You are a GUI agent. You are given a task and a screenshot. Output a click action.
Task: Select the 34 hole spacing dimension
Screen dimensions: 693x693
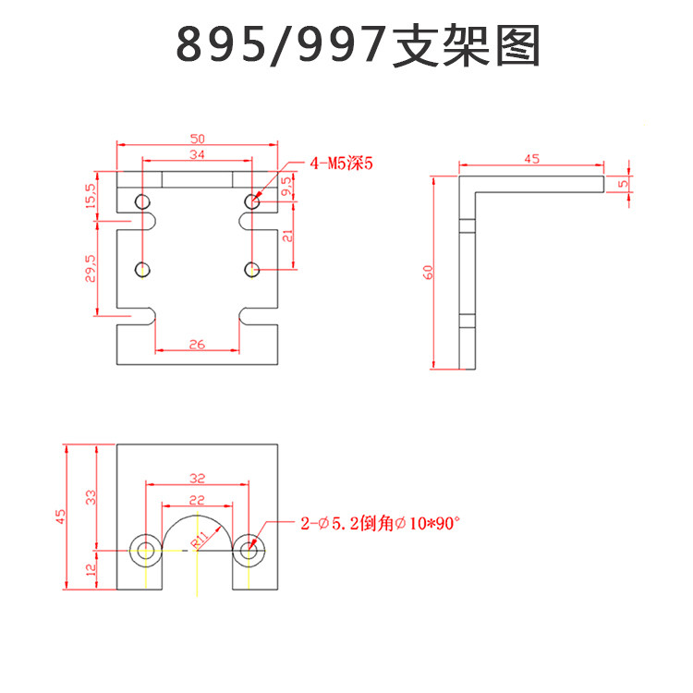[x=198, y=153]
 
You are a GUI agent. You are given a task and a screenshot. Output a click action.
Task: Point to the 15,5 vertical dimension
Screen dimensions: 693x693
[x=89, y=195]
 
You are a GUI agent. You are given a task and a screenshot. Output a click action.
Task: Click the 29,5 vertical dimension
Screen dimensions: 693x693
[x=89, y=272]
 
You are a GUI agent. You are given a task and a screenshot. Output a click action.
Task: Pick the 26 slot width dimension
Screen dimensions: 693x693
[x=198, y=344]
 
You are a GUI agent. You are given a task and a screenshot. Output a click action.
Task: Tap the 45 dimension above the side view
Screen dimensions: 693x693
[x=531, y=159]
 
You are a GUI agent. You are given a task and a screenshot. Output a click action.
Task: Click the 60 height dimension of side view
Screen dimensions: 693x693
[x=426, y=272]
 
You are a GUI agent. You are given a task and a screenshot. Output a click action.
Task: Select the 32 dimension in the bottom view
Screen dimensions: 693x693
[x=197, y=479]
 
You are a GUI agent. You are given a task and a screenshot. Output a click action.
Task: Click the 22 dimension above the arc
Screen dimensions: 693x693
[x=197, y=499]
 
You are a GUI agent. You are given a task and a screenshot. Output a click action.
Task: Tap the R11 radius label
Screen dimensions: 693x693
[x=201, y=541]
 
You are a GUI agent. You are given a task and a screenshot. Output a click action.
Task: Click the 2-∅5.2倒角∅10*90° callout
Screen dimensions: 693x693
[x=380, y=524]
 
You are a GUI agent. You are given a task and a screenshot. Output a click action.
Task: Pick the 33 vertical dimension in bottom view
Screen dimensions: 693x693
[x=90, y=496]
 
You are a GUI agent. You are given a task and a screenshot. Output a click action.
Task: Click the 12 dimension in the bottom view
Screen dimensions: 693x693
[x=90, y=569]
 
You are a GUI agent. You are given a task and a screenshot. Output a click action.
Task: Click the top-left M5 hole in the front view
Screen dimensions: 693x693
[x=142, y=201]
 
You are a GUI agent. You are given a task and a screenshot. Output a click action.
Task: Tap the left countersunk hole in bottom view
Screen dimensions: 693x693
[x=146, y=550]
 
